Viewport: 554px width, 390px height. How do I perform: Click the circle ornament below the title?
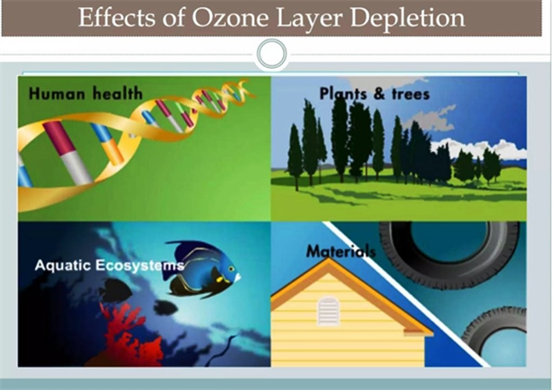(x=272, y=54)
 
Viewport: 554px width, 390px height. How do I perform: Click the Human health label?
(x=86, y=94)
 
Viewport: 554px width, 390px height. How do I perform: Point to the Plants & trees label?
(x=374, y=94)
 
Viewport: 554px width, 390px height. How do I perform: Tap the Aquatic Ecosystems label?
(x=110, y=266)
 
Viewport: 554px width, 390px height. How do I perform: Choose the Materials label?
(x=341, y=251)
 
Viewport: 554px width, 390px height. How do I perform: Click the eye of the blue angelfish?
(x=231, y=269)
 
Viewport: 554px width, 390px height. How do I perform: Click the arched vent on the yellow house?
(x=329, y=311)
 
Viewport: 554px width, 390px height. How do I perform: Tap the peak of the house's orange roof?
(x=329, y=259)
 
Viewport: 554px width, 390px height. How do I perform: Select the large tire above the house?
(x=449, y=254)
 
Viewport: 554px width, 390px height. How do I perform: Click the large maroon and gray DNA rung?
(x=67, y=152)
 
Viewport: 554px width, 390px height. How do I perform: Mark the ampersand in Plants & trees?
(x=378, y=94)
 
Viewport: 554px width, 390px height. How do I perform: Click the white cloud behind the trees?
(x=477, y=148)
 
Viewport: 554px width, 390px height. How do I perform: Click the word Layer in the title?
(x=309, y=19)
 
